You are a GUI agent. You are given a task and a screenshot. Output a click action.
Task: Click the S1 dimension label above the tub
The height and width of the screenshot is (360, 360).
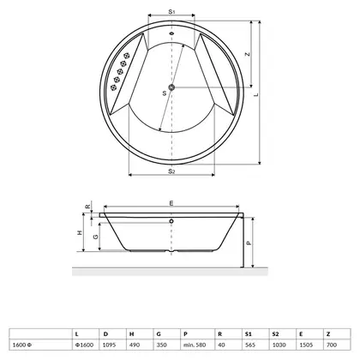(x=171, y=11)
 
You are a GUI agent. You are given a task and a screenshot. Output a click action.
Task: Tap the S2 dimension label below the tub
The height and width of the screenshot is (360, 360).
(x=171, y=171)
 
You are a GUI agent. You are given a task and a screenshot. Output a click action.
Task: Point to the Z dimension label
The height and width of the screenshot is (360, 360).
(x=248, y=54)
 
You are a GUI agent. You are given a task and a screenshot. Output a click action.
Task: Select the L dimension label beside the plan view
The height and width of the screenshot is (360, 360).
(x=256, y=94)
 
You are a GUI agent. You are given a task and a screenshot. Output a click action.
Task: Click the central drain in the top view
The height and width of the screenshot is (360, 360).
(x=171, y=87)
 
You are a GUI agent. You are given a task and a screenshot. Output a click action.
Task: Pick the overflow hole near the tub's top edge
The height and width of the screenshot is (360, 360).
(x=171, y=33)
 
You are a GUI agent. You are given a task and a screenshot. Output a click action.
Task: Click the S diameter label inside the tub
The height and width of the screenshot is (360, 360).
(x=165, y=93)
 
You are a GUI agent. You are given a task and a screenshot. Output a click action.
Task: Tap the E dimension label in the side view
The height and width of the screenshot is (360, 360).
(x=171, y=203)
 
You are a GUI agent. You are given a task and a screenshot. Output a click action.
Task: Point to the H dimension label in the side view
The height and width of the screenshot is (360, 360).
(x=80, y=232)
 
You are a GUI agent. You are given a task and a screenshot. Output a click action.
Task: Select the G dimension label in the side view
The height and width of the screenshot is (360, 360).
(x=96, y=237)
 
